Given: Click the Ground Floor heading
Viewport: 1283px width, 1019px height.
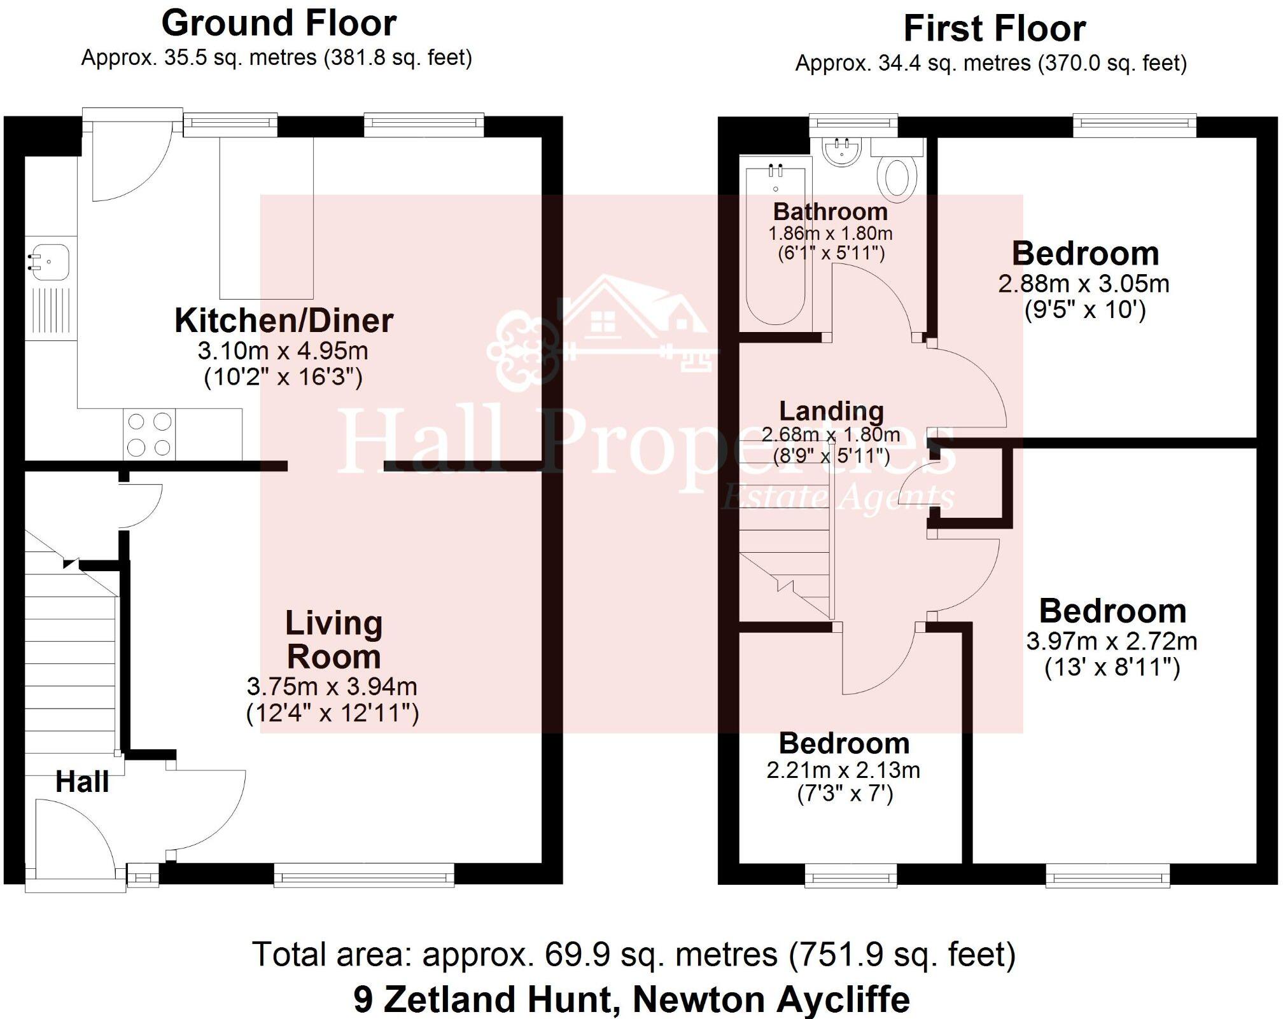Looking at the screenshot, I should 279,24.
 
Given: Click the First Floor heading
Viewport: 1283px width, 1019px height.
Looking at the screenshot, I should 994,29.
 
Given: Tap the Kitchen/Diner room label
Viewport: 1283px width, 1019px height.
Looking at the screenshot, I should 284,321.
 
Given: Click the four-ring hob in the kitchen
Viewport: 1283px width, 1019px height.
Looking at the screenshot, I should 150,434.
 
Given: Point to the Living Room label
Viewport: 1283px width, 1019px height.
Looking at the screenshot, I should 333,640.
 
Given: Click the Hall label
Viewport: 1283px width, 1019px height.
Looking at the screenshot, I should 82,782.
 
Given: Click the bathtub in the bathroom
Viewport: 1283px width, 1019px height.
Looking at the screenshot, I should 776,242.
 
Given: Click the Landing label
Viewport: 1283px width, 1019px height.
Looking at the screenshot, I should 831,411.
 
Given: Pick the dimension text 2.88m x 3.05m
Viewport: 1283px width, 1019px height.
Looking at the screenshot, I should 1083,284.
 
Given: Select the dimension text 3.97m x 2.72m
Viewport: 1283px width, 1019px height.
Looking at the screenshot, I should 1111,641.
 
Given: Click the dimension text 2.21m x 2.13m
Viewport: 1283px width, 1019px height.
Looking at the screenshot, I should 843,770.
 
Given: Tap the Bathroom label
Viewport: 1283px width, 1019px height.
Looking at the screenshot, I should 830,211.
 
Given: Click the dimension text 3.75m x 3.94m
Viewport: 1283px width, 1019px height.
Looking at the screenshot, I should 332,686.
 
